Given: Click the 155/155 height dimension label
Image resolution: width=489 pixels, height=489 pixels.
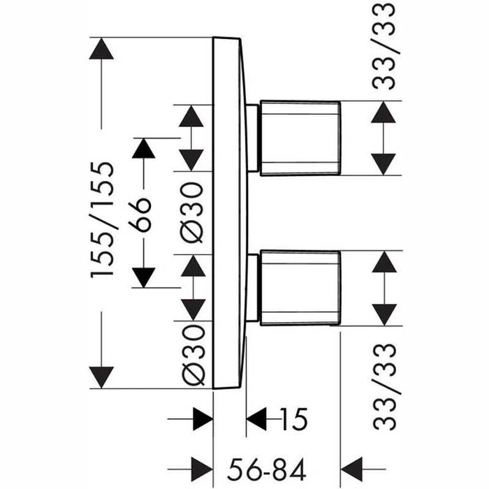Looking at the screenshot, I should [x=103, y=220].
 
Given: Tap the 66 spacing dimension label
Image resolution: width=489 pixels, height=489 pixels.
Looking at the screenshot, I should [x=142, y=213].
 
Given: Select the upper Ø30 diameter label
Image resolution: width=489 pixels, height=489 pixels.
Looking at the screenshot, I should [x=191, y=212].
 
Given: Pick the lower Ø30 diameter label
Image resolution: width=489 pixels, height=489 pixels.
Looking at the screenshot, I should [x=191, y=354].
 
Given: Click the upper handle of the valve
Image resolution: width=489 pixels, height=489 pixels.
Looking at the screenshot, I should [x=300, y=136].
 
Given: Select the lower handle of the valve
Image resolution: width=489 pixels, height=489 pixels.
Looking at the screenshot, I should [x=300, y=287].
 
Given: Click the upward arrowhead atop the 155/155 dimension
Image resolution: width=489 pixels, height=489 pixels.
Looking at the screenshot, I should [x=102, y=50].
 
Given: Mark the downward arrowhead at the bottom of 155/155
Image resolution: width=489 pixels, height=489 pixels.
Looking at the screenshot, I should [x=102, y=376].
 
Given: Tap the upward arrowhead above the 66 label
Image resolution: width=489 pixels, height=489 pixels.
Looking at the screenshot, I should [x=143, y=149].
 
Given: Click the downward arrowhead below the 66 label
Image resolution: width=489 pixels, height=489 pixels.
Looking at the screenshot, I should [x=143, y=277].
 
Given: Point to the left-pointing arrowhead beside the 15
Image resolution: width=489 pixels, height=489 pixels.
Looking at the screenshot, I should [x=258, y=420].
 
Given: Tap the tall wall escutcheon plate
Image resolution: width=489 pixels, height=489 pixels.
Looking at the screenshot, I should [x=229, y=210].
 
